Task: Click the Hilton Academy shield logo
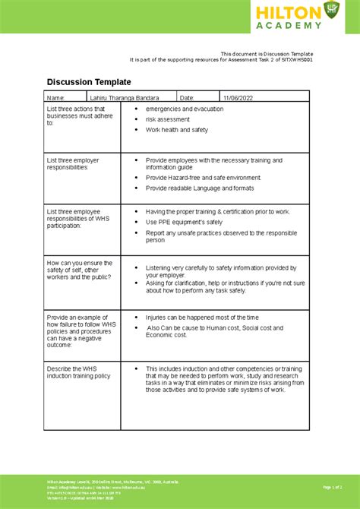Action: click(331, 10)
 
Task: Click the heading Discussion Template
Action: click(89, 81)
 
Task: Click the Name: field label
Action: click(56, 98)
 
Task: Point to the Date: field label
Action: click(188, 98)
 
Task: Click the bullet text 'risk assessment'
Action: click(168, 119)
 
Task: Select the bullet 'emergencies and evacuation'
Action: click(185, 109)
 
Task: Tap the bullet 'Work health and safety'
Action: click(177, 130)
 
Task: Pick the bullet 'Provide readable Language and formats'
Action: click(200, 188)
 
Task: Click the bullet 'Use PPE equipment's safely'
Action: click(184, 223)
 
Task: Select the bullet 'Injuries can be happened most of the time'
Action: click(202, 317)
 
